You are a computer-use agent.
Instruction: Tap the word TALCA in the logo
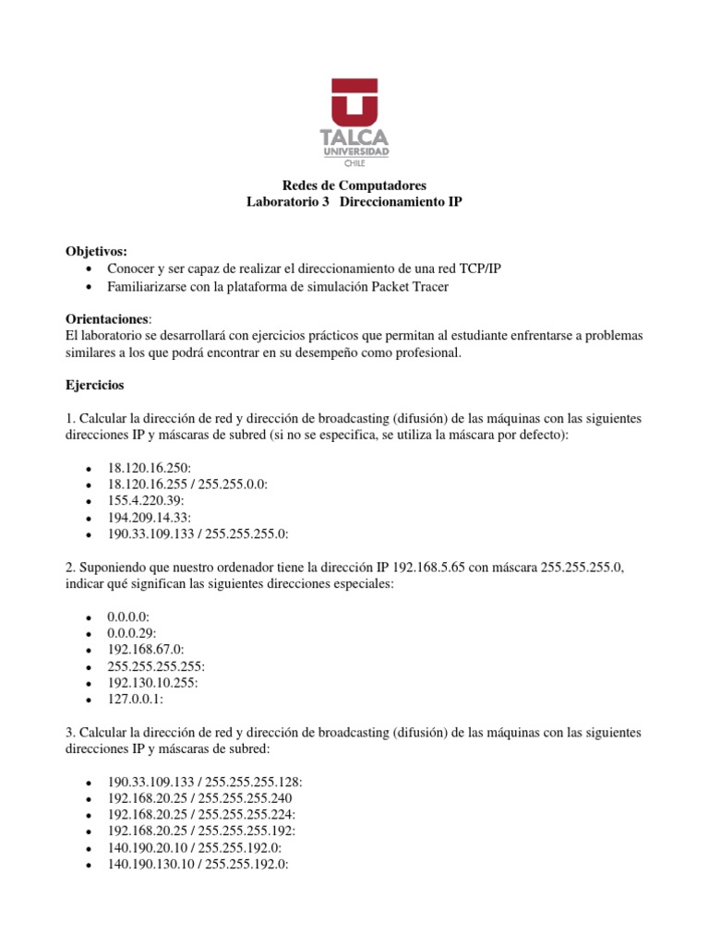point(354,138)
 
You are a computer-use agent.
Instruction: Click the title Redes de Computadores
point(354,185)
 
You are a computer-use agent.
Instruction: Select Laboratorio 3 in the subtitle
point(288,201)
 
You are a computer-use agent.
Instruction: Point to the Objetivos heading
point(97,251)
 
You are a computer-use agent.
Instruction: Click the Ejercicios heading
point(96,383)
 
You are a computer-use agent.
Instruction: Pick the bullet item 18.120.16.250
point(149,469)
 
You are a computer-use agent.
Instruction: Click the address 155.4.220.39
point(145,501)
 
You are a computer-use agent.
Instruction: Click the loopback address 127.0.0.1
point(135,699)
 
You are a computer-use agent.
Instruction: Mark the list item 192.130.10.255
point(152,682)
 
